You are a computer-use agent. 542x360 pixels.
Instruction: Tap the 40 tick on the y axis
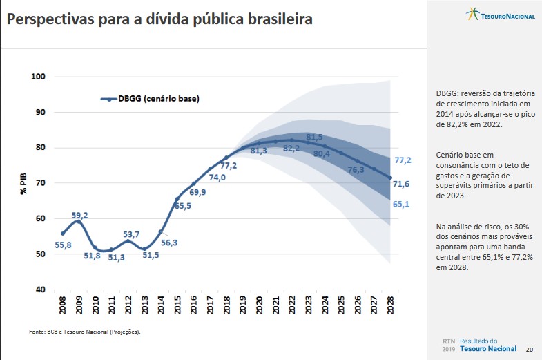click(x=41, y=290)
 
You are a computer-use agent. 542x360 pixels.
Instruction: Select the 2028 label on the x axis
click(x=391, y=307)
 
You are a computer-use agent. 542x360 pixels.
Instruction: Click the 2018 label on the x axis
click(x=227, y=307)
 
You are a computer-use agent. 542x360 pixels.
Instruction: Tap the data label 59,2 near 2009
click(x=79, y=215)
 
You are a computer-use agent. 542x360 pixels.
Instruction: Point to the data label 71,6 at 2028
click(x=403, y=183)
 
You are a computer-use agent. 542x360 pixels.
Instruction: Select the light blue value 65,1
click(x=403, y=205)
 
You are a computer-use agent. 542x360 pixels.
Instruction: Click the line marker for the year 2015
click(x=177, y=199)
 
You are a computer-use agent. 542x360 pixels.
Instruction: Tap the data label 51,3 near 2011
click(x=116, y=258)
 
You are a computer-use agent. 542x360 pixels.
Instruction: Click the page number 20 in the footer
click(x=530, y=350)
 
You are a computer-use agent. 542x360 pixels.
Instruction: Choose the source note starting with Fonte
click(x=84, y=332)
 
